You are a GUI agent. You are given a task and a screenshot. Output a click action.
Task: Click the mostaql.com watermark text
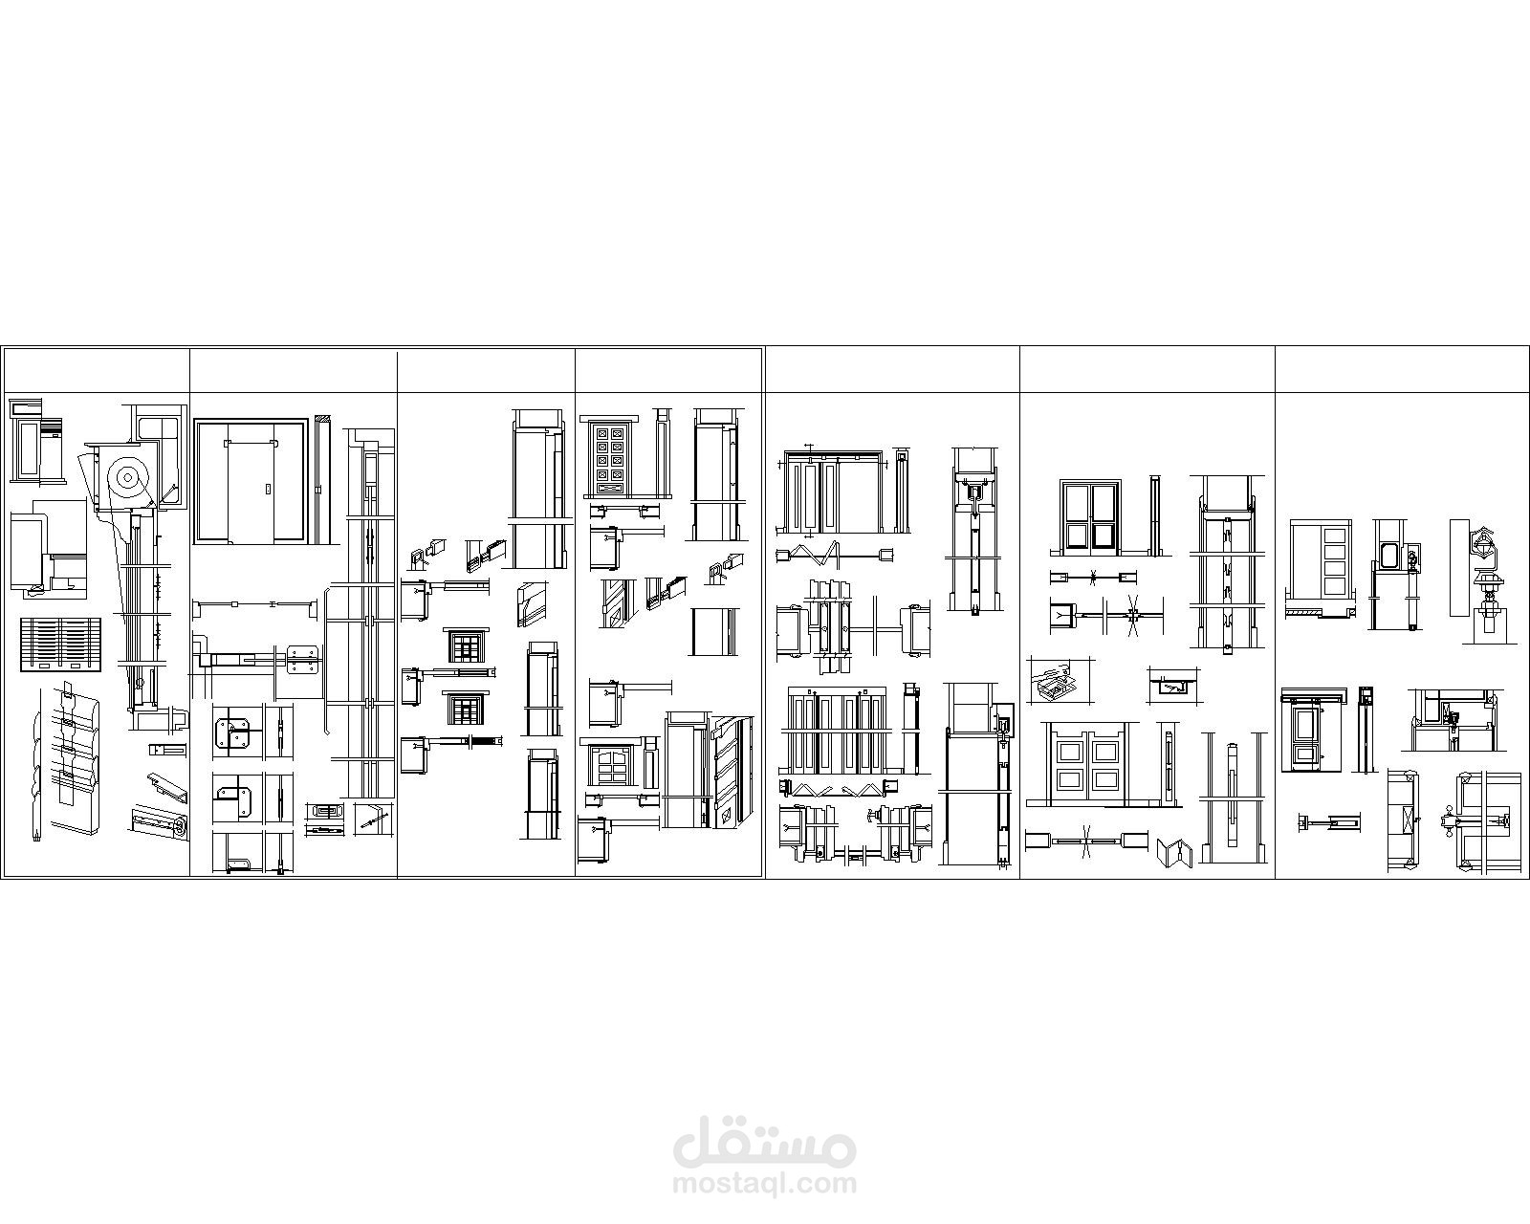765,1184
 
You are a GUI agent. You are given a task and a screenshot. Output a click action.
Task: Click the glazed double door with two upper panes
1089,516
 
